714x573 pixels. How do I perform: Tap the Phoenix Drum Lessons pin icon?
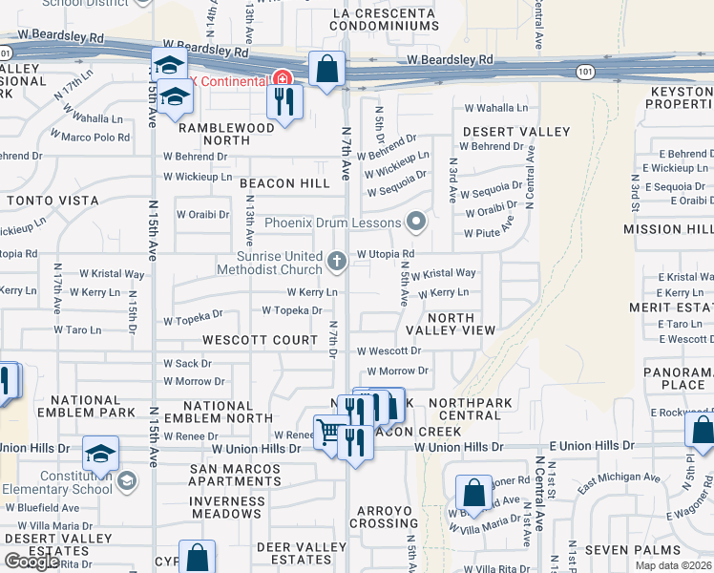point(415,223)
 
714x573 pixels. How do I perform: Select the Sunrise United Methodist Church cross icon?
point(336,261)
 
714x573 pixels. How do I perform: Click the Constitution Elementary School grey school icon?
point(126,479)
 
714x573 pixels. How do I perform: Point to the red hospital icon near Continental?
point(282,79)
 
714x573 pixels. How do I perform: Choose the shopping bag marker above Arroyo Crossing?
point(473,493)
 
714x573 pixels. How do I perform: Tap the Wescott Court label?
point(260,340)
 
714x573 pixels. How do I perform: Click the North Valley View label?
point(461,323)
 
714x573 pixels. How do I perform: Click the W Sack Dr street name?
point(187,364)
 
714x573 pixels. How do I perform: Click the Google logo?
point(31,562)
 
